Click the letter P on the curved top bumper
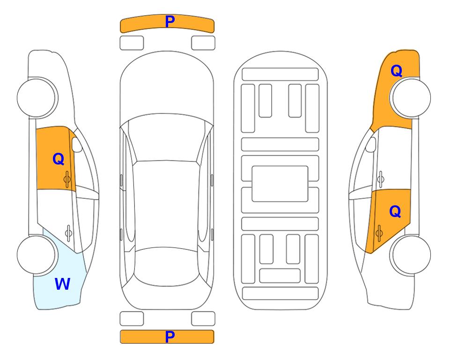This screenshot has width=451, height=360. (170, 22)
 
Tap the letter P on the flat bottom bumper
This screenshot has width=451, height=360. (170, 337)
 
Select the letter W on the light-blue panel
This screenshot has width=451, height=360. (62, 284)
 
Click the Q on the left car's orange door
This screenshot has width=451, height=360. (59, 159)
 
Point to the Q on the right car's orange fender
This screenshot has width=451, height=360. (396, 71)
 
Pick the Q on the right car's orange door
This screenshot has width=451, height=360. (395, 211)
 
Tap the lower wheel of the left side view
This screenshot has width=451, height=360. (36, 255)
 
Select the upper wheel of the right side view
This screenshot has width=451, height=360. (411, 97)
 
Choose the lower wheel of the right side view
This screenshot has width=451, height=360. (411, 255)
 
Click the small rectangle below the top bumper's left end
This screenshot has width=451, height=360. (132, 43)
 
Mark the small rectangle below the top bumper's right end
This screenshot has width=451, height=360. (203, 43)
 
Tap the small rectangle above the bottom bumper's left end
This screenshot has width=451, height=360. (132, 319)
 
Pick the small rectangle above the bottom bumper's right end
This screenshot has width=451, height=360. (203, 319)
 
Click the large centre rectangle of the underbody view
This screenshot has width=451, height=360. (280, 184)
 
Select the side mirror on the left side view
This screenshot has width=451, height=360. (76, 144)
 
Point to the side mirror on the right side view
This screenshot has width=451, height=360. (371, 144)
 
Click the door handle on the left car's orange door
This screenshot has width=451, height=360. (67, 179)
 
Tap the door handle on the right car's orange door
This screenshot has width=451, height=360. (379, 233)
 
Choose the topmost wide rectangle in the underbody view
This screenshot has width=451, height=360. (280, 75)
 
